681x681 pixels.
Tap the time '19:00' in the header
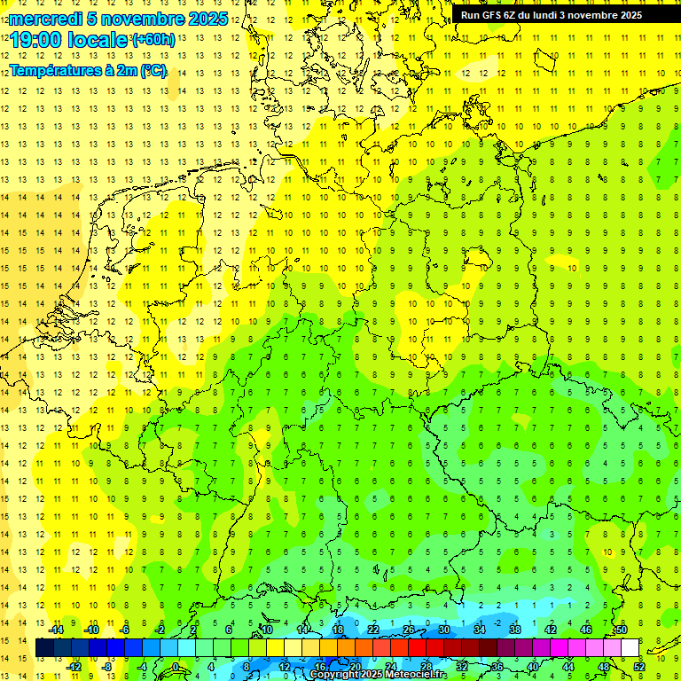pyautogui.click(x=36, y=40)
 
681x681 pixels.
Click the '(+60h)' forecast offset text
pyautogui.click(x=153, y=40)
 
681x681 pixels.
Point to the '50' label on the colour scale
pyautogui.click(x=622, y=630)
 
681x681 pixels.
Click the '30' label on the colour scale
pyautogui.click(x=444, y=630)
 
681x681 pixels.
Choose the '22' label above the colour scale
pyautogui.click(x=373, y=630)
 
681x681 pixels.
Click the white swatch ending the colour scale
pyautogui.click(x=630, y=648)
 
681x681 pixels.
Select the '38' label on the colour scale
pyautogui.click(x=515, y=630)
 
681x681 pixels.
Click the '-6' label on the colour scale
pyautogui.click(x=126, y=630)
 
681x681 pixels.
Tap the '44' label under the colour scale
pyautogui.click(x=568, y=667)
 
